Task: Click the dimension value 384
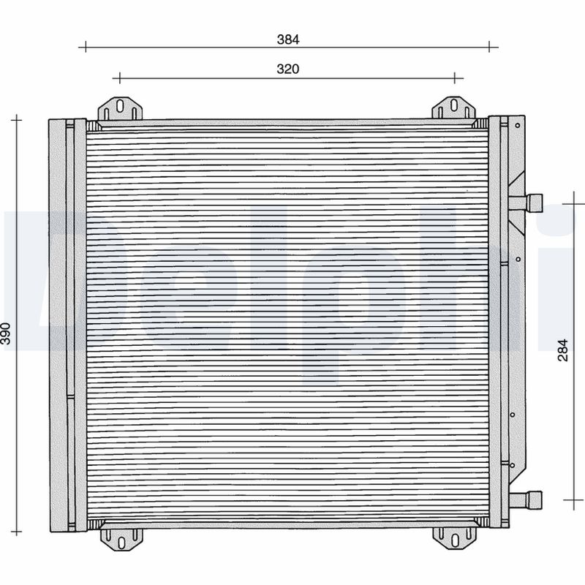coord(288,39)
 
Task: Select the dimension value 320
coord(288,69)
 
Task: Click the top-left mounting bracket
coord(120,109)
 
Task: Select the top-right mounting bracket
coord(453,109)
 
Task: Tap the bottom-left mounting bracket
coord(121,537)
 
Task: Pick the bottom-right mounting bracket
coord(454,537)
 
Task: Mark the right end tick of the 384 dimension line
coord(489,46)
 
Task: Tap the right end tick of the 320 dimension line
coord(455,78)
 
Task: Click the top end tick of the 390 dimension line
coord(17,118)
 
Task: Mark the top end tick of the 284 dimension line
coord(575,203)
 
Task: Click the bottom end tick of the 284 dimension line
coord(575,500)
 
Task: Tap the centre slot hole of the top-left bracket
coord(120,105)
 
